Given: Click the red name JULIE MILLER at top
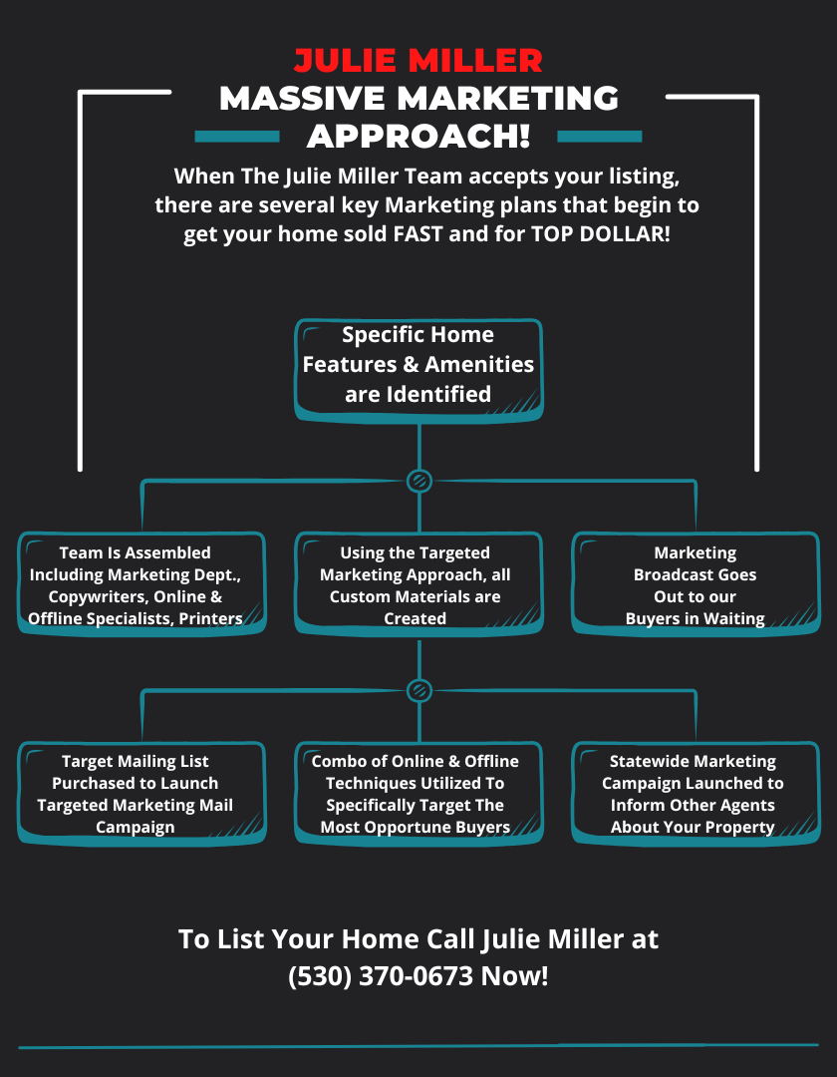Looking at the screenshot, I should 418,60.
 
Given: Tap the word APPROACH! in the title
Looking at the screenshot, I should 418,135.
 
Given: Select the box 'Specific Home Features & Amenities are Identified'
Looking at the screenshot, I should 418,365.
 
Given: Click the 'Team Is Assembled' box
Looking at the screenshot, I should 141,585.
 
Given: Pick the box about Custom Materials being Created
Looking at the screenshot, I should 418,585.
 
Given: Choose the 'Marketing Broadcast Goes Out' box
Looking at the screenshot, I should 696,585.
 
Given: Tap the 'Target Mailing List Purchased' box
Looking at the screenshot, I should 141,795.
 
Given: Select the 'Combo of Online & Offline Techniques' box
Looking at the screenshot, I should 418,795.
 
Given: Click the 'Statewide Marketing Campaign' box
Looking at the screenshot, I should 696,795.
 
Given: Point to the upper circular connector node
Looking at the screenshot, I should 419,481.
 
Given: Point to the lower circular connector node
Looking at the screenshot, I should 419,690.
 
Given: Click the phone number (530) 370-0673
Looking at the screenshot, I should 381,975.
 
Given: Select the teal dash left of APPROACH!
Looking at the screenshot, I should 236,137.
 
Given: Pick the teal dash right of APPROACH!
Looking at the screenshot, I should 600,137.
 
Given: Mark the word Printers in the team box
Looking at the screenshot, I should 210,619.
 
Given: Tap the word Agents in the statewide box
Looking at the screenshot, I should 747,806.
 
